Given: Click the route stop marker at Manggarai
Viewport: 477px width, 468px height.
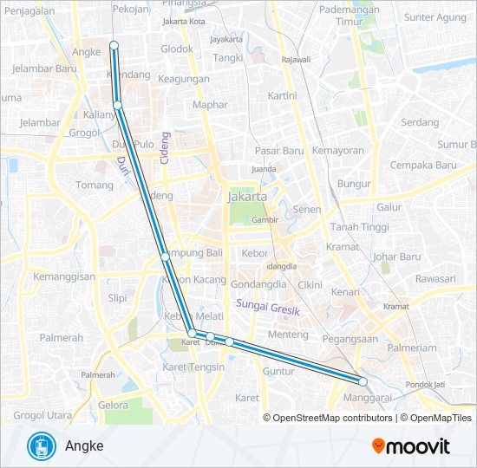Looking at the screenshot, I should click(x=363, y=381).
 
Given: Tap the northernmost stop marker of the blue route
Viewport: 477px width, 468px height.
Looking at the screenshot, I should click(x=114, y=44).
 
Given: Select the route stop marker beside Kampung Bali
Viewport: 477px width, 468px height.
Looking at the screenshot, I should click(x=165, y=257).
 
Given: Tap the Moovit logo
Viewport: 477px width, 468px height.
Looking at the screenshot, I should click(x=411, y=446).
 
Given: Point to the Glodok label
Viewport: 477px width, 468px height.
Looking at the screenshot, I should click(x=177, y=49).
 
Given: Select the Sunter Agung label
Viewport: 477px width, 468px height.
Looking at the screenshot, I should click(x=435, y=17).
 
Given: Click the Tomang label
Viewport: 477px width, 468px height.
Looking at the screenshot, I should click(x=95, y=185).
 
